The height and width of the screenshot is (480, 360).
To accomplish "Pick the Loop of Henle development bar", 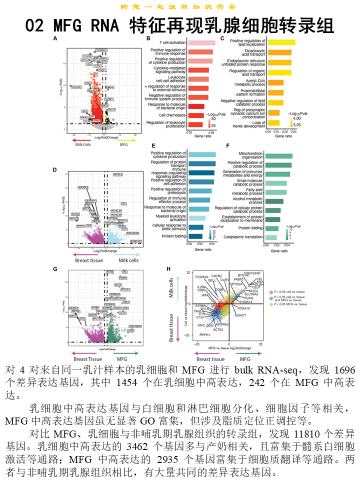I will click(274, 123).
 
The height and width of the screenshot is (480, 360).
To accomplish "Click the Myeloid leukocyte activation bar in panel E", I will click(196, 218).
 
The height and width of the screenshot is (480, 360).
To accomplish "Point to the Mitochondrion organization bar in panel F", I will click(278, 156).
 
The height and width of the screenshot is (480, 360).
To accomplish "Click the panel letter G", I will click(55, 269).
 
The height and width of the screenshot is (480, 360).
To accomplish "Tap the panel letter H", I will click(168, 269).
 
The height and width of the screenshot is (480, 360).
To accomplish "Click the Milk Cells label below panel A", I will click(80, 145).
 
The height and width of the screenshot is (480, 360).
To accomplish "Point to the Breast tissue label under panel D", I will click(89, 260).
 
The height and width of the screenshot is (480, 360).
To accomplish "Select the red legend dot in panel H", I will click(271, 291).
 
